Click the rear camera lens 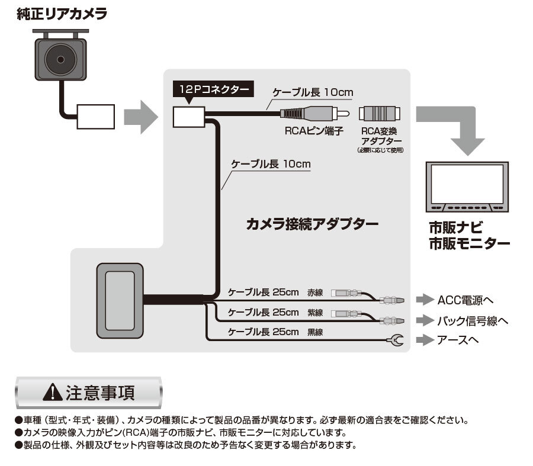pos(60,59)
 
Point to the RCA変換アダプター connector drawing pos(380,113)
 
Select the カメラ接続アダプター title pos(312,224)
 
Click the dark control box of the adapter pos(120,301)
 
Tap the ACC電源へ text pos(465,298)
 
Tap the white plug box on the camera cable pos(95,117)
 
